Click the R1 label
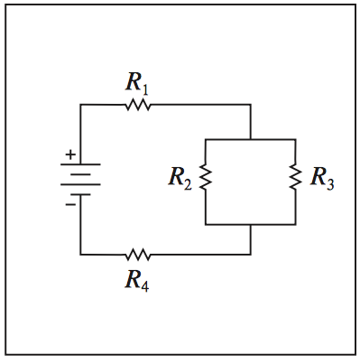pos(137,85)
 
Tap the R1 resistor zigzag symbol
pos(137,105)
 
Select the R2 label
pos(180,177)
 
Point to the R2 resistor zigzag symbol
pos(206,179)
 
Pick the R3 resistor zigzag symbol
pos(295,179)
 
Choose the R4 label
pos(137,278)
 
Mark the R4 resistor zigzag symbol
pos(137,254)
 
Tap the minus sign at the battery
pos(69,204)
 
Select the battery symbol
pos(80,180)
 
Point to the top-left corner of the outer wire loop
pos(80,105)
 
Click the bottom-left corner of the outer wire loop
pos(80,254)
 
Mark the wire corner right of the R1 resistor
pos(250,105)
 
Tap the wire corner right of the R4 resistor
pos(250,254)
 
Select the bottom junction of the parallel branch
pos(250,222)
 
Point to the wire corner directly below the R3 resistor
pos(295,222)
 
